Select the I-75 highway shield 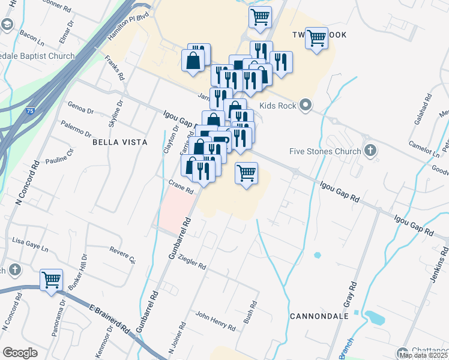click(x=30, y=111)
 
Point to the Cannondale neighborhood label click(x=319, y=316)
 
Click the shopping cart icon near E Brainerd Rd click(x=51, y=280)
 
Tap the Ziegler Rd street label click(x=193, y=262)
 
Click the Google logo click(x=20, y=353)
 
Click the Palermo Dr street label click(x=76, y=128)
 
